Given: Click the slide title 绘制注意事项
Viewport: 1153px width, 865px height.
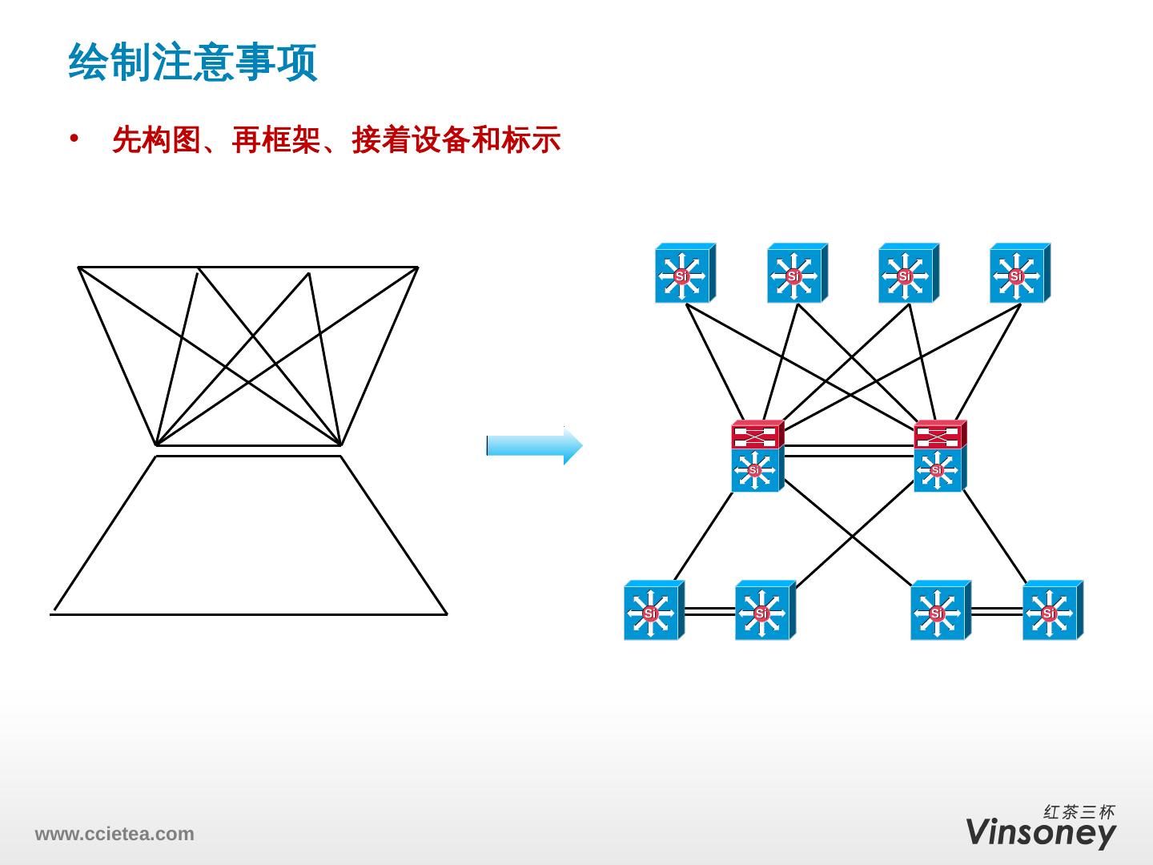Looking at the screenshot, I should (193, 63).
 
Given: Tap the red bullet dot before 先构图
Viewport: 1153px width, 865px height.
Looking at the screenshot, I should (75, 138).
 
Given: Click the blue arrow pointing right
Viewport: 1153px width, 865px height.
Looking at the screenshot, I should (534, 446).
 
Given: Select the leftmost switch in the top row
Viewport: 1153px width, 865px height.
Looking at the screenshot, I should (684, 274).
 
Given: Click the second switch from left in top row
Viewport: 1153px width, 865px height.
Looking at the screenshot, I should (796, 274).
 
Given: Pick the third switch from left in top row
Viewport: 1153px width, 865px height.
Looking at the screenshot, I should (907, 274).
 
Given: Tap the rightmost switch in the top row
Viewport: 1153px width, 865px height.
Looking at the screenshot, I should (1018, 274).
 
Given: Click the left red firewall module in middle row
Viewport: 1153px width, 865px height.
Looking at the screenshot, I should (757, 434).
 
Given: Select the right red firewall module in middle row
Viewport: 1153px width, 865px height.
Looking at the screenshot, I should (940, 434).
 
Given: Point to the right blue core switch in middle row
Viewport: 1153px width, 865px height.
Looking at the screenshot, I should (939, 469).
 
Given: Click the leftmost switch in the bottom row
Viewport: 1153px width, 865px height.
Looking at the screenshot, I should (653, 611).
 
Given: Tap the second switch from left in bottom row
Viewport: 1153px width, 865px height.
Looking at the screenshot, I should (764, 611).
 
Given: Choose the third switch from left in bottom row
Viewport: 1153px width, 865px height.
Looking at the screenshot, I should (939, 611).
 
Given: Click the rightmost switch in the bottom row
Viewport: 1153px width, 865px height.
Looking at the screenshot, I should (1051, 611).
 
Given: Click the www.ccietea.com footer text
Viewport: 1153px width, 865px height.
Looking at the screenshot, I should (114, 834).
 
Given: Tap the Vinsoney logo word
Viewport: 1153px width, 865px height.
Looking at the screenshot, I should (1040, 832).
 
